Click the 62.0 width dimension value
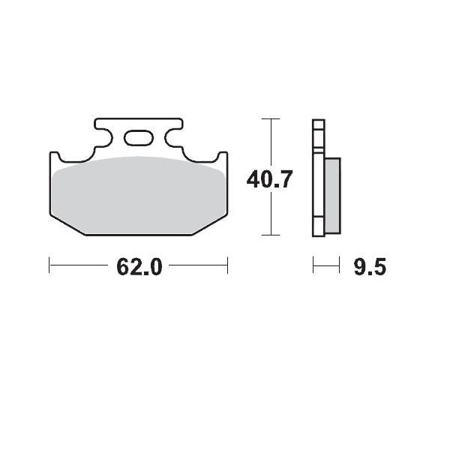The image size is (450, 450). coord(139,267)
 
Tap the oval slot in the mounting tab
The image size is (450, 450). coord(139,138)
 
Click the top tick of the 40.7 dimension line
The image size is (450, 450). coord(271,118)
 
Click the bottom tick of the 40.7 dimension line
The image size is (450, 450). coord(271,235)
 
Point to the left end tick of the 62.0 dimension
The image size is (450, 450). coord(49,264)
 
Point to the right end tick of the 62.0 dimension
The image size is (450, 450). coord(227,264)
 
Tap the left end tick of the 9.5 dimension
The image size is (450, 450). coord(313,264)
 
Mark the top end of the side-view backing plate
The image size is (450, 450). coord(318,122)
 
